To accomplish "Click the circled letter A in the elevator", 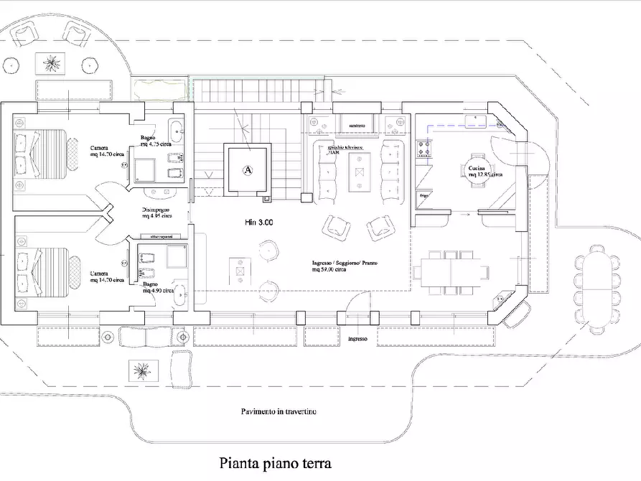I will [x=248, y=170].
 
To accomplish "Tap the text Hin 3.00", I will [x=258, y=223].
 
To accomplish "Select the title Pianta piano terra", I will [x=276, y=464].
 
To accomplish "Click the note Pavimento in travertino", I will [x=278, y=412].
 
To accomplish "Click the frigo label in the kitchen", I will [x=424, y=195].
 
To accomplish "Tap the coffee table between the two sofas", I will [x=357, y=170].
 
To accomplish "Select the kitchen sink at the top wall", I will [x=476, y=118].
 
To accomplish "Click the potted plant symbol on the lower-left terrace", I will [x=140, y=370].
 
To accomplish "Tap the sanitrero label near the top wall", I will [x=357, y=126].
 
